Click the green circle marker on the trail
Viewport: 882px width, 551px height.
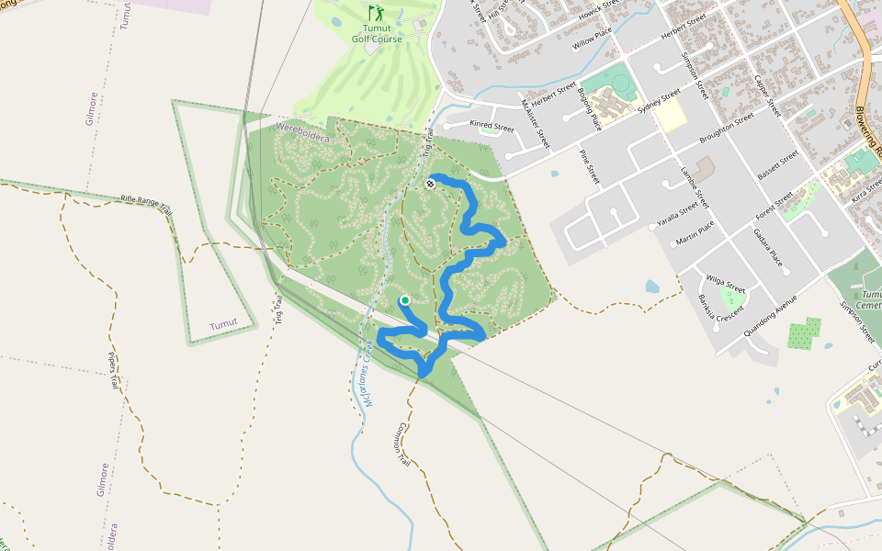pos(404,300)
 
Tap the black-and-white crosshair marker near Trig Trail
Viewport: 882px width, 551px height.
pos(430,184)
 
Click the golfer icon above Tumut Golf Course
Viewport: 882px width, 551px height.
pos(375,13)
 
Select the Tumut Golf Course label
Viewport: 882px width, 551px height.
pos(377,34)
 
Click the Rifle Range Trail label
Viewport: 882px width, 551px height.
pos(147,204)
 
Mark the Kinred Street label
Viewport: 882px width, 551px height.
pos(492,127)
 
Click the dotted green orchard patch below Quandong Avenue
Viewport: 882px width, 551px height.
pos(805,333)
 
